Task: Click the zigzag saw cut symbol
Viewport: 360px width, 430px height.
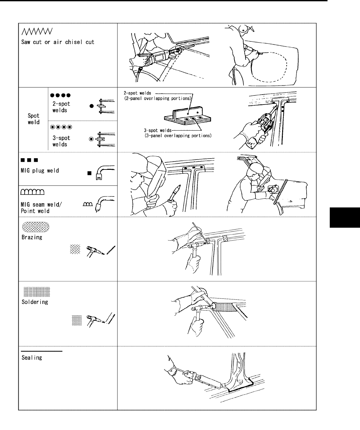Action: pyautogui.click(x=37, y=32)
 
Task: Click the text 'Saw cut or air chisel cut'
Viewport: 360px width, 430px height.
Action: pyautogui.click(x=58, y=42)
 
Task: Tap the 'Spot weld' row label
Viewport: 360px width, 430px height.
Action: pyautogui.click(x=33, y=119)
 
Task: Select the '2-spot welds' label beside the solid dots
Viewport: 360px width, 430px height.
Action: pyautogui.click(x=61, y=107)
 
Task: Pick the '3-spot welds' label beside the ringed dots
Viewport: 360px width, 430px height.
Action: pyautogui.click(x=61, y=141)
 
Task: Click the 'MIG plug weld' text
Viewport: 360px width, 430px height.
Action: pyautogui.click(x=40, y=170)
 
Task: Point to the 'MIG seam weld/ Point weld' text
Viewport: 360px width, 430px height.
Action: pyautogui.click(x=41, y=207)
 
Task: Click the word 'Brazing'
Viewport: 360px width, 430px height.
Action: pyautogui.click(x=32, y=237)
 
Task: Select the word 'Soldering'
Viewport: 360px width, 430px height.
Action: pyautogui.click(x=35, y=302)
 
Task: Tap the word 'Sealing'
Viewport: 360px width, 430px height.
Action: pyautogui.click(x=32, y=358)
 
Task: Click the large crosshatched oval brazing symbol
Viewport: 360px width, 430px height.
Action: pyautogui.click(x=36, y=227)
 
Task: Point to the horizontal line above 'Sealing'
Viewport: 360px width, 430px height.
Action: pyautogui.click(x=42, y=351)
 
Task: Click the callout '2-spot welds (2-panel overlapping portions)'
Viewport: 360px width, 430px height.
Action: pyautogui.click(x=158, y=96)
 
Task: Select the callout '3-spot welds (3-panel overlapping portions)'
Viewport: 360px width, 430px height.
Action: pyautogui.click(x=178, y=133)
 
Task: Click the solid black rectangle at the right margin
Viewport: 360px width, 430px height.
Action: pyautogui.click(x=345, y=217)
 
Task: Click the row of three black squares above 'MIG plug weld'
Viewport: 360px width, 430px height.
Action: pyautogui.click(x=30, y=160)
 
